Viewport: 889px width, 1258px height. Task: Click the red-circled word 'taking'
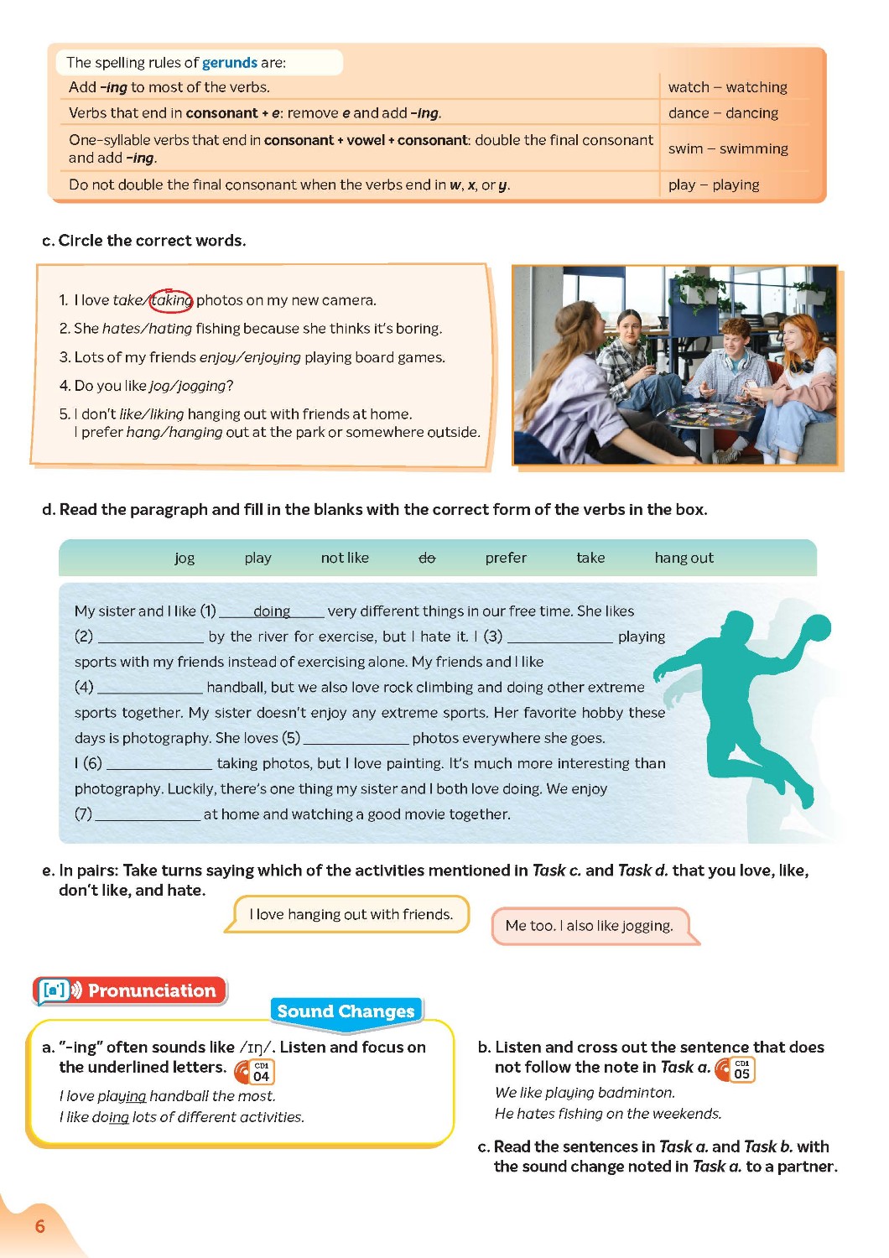click(171, 300)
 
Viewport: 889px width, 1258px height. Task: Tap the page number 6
click(40, 1226)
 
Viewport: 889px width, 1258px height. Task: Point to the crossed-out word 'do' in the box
click(427, 558)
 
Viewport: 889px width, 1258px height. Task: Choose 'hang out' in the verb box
click(684, 558)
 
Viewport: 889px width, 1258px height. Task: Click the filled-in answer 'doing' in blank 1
click(272, 611)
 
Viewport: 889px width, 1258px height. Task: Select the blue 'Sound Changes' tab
click(346, 1011)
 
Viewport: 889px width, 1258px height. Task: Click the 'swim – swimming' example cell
click(728, 148)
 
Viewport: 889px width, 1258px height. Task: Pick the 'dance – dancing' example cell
click(723, 113)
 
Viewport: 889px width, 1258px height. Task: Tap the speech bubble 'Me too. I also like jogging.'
click(590, 926)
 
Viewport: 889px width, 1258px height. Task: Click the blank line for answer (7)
click(148, 815)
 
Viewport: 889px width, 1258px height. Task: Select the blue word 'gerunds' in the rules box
click(230, 63)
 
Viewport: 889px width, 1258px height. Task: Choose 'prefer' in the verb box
click(506, 558)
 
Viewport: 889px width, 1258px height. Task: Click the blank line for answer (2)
click(151, 637)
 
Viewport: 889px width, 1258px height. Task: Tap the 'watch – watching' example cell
click(727, 87)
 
